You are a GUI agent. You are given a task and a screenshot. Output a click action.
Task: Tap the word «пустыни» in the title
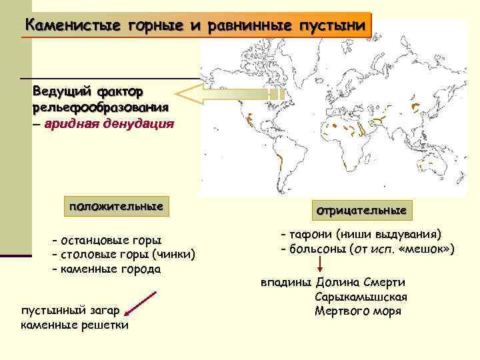[333, 26]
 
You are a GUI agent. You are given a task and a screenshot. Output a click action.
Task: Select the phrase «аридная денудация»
[111, 123]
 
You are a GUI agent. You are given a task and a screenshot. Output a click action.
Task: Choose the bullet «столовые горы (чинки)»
[127, 254]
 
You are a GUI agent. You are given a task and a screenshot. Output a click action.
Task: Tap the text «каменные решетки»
[75, 325]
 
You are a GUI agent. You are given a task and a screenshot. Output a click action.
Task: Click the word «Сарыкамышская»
[360, 297]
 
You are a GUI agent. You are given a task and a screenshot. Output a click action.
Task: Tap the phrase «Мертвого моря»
[357, 311]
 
